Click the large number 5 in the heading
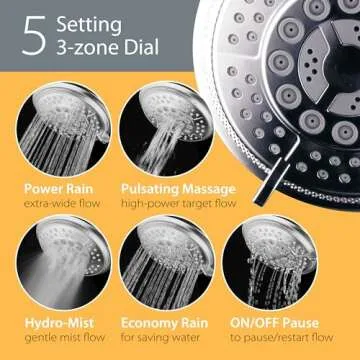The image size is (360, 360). click(34, 39)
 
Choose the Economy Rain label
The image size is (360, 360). click(164, 324)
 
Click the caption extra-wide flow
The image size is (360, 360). click(59, 204)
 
